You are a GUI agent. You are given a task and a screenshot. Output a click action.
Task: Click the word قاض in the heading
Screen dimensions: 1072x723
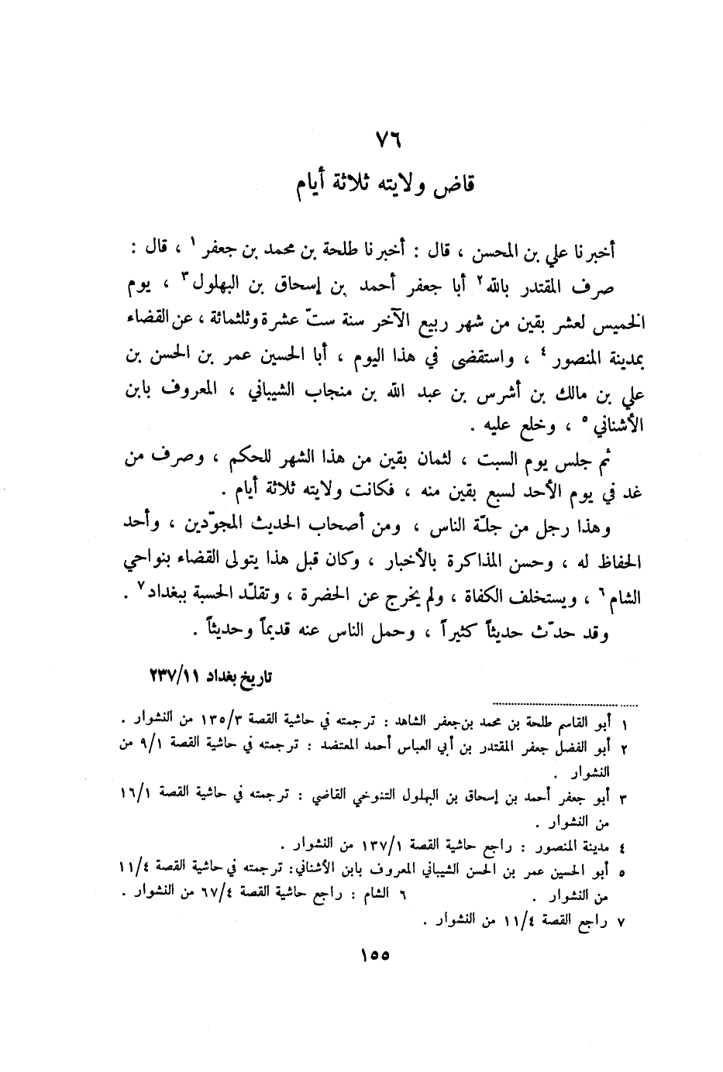tap(457, 186)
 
